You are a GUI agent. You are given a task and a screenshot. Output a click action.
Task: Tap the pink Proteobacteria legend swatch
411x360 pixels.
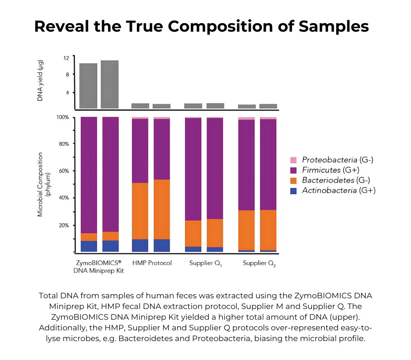point(293,160)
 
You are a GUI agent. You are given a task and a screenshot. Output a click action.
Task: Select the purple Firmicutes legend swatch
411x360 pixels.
point(293,170)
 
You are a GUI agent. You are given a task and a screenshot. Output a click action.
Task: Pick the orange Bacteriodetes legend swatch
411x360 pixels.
point(293,180)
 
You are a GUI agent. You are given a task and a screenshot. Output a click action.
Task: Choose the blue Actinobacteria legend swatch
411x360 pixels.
point(293,190)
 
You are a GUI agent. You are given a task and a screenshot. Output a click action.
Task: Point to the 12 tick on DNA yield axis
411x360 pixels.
point(66,58)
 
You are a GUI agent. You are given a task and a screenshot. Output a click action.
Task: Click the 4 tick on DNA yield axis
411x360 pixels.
point(67,93)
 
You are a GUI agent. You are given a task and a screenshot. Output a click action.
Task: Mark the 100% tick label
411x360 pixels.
point(62,118)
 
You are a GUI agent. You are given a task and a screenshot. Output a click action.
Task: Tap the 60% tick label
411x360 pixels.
point(63,171)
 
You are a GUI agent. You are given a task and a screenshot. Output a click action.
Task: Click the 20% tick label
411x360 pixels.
point(63,225)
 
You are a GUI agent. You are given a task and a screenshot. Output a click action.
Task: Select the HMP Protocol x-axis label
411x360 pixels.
point(152,263)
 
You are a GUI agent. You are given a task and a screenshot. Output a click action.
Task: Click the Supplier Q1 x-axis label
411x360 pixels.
point(205,263)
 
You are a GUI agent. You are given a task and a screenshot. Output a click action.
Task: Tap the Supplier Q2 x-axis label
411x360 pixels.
point(259,263)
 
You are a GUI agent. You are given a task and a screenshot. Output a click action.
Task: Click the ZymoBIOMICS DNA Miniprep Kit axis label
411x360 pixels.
point(98,267)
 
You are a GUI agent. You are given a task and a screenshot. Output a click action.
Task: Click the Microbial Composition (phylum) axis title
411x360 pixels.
point(43,184)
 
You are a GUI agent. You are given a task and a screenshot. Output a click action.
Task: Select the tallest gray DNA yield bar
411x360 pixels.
point(110,84)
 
